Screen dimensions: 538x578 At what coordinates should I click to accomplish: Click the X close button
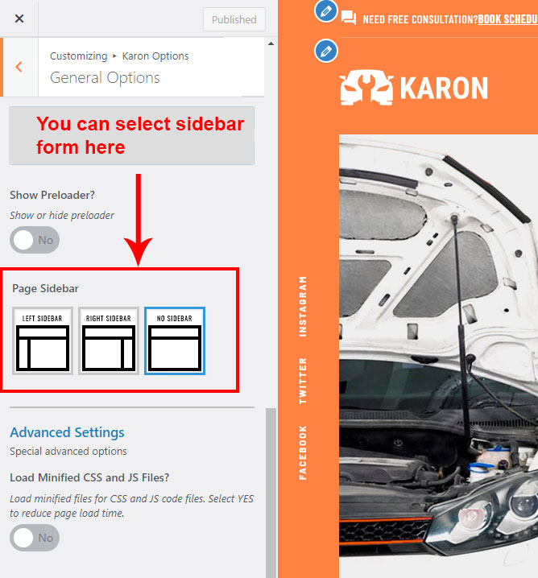pos(19,19)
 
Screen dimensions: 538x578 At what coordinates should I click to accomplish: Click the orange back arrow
pos(19,67)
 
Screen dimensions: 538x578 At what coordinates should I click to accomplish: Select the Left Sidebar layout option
pos(43,341)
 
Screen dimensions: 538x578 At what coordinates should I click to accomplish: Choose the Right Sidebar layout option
pos(109,341)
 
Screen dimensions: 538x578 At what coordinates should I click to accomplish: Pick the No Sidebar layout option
pos(175,341)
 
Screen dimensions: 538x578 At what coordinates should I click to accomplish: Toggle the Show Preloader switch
pos(35,240)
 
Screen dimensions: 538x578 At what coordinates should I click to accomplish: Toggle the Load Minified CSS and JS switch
pos(35,538)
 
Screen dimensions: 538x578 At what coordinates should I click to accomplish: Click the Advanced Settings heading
pos(67,432)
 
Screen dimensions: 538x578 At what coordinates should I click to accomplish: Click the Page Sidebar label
pos(45,288)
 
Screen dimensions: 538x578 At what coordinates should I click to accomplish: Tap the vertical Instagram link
pos(303,307)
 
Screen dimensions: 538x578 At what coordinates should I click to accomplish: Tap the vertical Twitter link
pos(303,381)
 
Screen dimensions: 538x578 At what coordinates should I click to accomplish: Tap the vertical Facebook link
pos(303,452)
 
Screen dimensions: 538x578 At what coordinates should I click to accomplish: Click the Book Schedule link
pos(507,19)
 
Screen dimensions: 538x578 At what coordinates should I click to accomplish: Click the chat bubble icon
pos(349,18)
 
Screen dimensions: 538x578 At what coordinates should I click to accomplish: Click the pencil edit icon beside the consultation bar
pos(326,11)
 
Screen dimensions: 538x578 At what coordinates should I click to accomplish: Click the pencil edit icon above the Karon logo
pos(326,51)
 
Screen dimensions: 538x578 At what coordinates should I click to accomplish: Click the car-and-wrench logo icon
pos(366,88)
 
